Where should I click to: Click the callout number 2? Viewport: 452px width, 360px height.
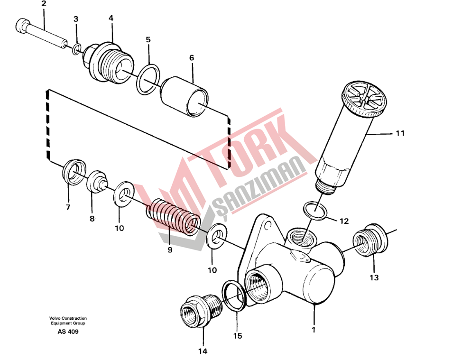point(44,4)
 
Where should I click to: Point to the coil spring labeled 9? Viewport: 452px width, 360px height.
point(174,217)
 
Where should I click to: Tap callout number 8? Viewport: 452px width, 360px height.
point(92,219)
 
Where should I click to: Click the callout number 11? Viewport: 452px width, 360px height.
point(400,133)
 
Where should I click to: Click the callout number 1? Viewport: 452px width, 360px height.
point(313,327)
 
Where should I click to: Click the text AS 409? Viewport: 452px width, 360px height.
point(68,332)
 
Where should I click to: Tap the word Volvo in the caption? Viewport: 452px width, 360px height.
point(55,318)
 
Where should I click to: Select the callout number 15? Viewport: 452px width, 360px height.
point(237,336)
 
